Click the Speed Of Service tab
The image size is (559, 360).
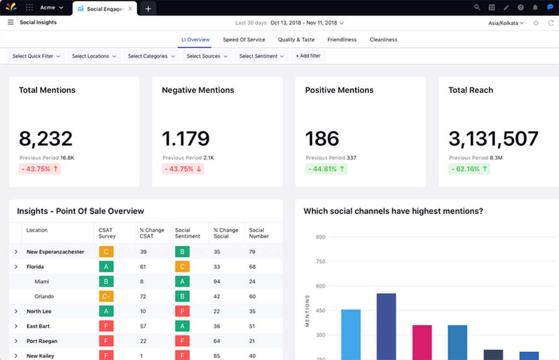[x=244, y=40]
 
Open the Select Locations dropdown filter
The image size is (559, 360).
[x=94, y=56]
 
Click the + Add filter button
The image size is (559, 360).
[x=308, y=56]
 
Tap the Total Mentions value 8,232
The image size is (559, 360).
[x=46, y=139]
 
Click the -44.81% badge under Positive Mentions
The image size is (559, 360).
[x=326, y=169]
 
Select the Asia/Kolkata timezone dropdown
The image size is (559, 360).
[x=506, y=23]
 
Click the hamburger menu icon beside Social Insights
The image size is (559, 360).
[x=11, y=22]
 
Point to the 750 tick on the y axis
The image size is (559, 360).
[x=320, y=262]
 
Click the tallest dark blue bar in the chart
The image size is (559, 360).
[x=386, y=326]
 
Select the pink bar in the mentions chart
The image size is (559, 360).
[x=422, y=342]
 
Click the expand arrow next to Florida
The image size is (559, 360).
[x=16, y=267]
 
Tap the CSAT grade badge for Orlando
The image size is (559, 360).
[x=106, y=296]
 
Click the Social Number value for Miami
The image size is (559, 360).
[x=252, y=282]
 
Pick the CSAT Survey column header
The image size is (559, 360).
[x=107, y=233]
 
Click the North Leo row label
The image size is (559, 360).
[x=39, y=312]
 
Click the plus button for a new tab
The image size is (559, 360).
[x=148, y=8]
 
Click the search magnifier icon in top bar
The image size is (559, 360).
[x=477, y=7]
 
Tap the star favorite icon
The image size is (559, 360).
[x=536, y=23]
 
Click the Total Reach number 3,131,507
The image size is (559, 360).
[x=493, y=139]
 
